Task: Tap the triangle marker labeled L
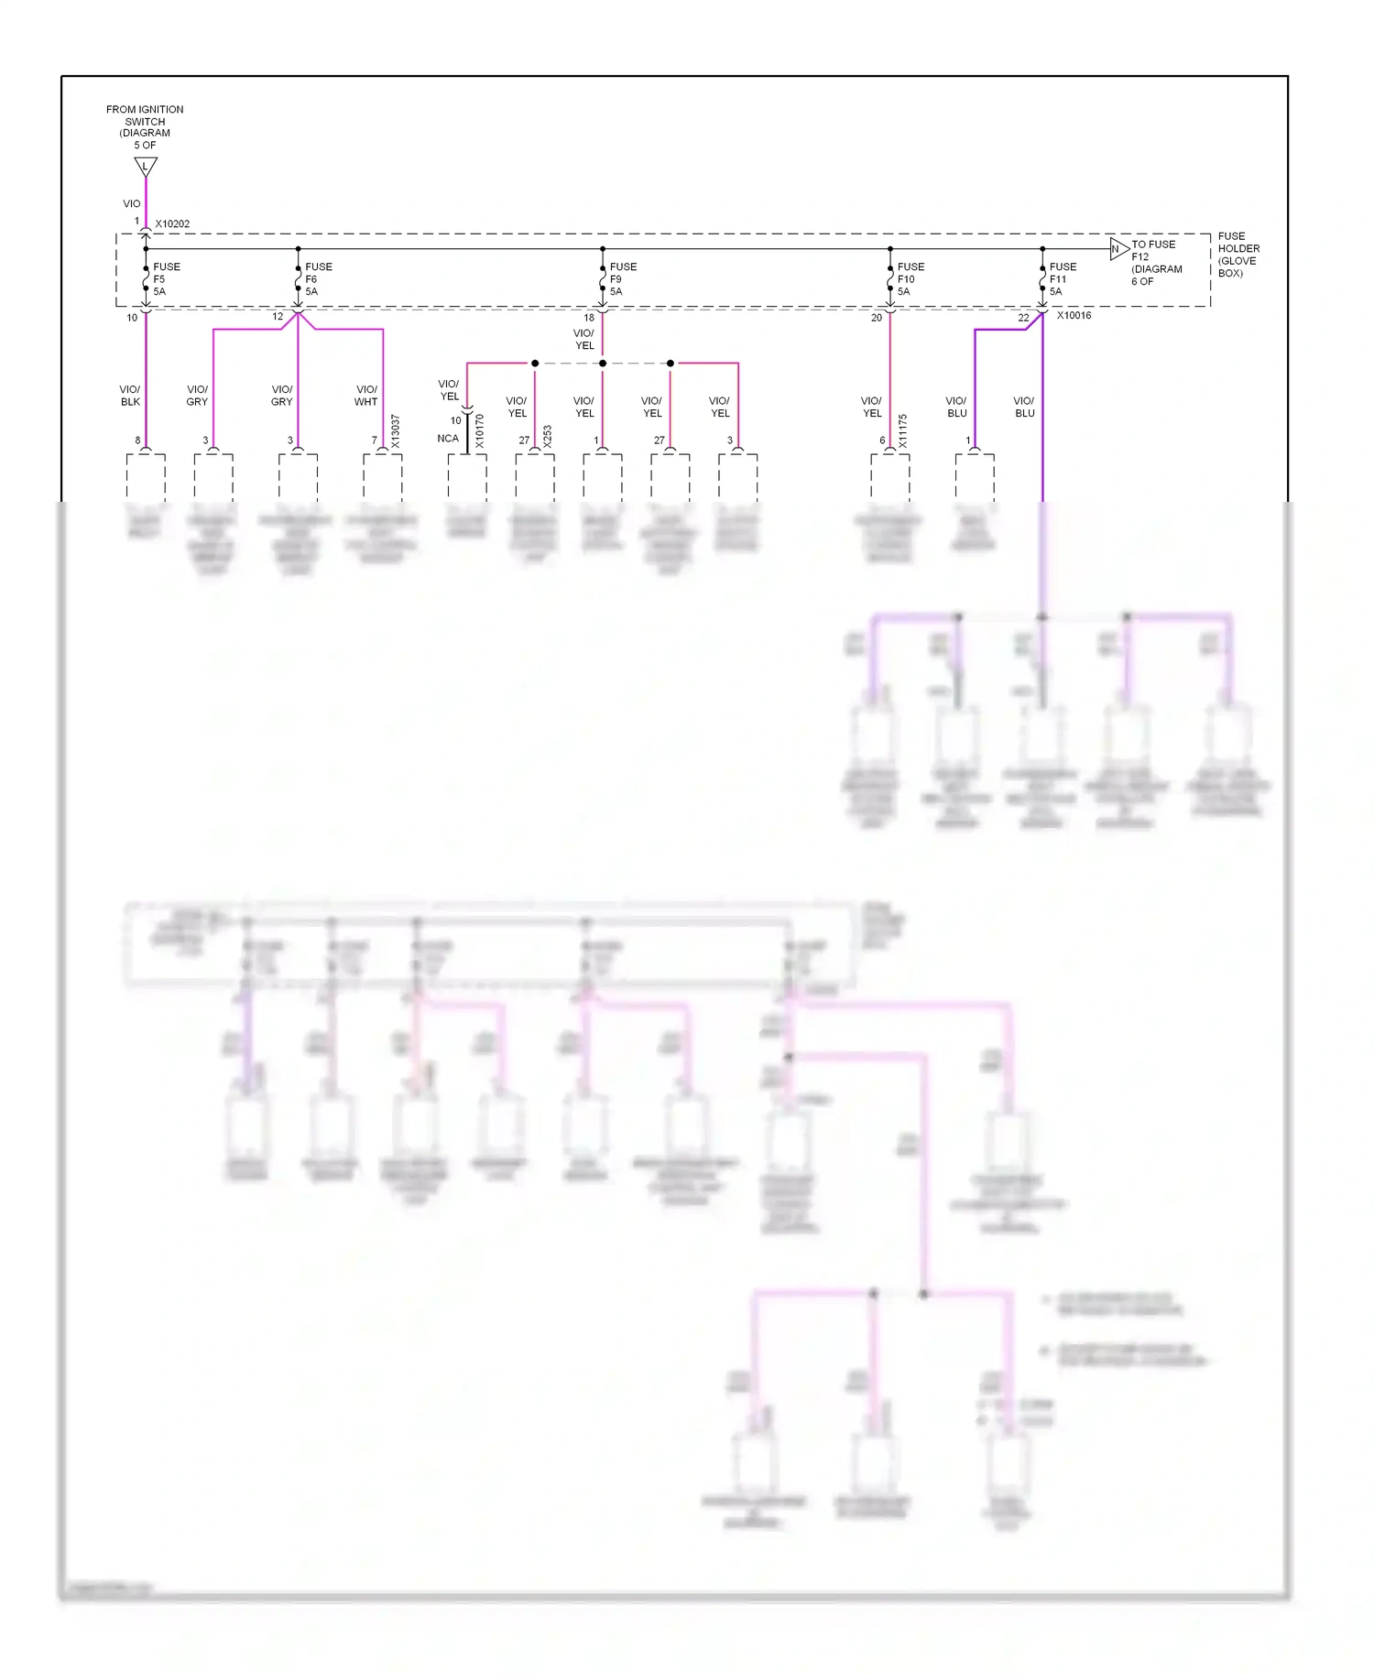(145, 167)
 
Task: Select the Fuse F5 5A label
(166, 279)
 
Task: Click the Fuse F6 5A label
(318, 279)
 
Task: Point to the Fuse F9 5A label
(622, 279)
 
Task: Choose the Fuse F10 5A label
(910, 279)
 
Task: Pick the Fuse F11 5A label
(1062, 279)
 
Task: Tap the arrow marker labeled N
(1118, 249)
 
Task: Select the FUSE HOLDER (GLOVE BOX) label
(1238, 255)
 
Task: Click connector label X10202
(172, 224)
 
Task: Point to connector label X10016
(1074, 316)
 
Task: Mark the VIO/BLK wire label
(130, 396)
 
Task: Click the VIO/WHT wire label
(365, 396)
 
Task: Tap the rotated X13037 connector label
(396, 431)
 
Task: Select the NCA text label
(447, 439)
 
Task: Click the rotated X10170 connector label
(480, 431)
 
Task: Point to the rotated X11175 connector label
(902, 431)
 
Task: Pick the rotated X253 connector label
(548, 436)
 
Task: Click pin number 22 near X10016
(1023, 319)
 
